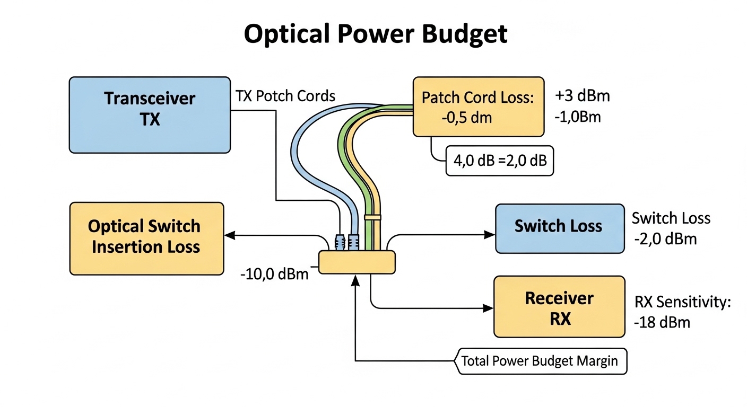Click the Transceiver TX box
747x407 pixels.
150,114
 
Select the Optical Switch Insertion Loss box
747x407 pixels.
146,238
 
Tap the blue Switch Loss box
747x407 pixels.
559,228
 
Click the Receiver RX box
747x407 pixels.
559,307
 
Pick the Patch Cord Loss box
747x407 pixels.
478,107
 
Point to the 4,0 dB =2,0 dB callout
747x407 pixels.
500,161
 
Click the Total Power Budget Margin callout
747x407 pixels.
540,361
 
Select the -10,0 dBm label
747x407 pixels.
274,275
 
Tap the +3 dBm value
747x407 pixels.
583,96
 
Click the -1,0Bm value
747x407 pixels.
578,117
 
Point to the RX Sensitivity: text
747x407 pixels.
683,303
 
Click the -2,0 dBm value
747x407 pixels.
665,238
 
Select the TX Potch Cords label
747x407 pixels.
285,96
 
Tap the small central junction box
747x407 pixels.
357,262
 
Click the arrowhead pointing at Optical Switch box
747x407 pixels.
230,235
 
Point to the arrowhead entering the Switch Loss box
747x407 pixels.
490,235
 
